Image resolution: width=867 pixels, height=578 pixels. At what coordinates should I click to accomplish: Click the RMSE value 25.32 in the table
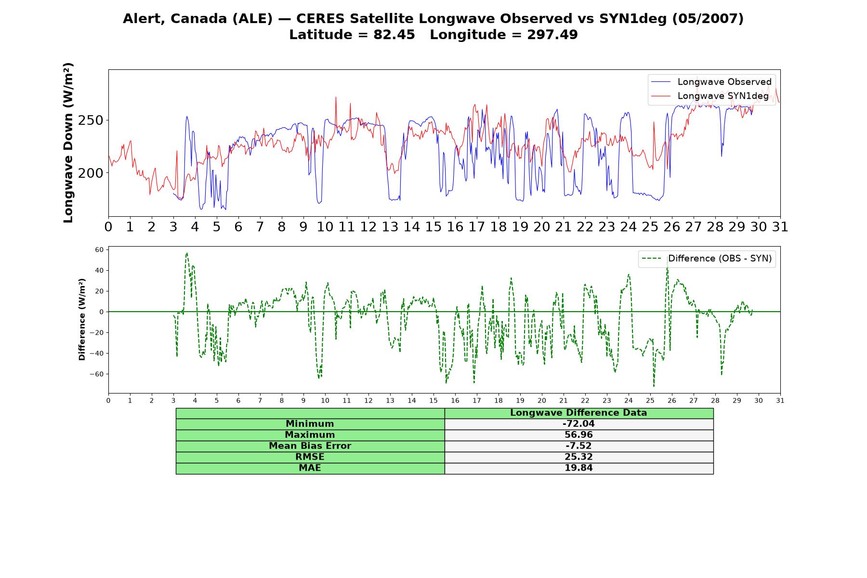pyautogui.click(x=578, y=457)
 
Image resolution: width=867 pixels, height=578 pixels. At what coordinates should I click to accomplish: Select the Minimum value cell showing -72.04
pyautogui.click(x=578, y=424)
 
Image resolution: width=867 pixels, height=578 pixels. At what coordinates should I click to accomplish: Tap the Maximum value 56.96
pyautogui.click(x=578, y=435)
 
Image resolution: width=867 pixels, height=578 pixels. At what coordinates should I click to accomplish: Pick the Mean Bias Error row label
pyautogui.click(x=310, y=446)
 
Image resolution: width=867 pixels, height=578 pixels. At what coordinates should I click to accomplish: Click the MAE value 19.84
pyautogui.click(x=578, y=468)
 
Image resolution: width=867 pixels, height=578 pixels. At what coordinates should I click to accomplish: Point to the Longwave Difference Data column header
pyautogui.click(x=578, y=413)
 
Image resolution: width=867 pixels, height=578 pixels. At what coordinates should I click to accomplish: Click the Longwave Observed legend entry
pyautogui.click(x=711, y=82)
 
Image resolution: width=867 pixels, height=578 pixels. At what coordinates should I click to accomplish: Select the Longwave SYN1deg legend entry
pyautogui.click(x=710, y=96)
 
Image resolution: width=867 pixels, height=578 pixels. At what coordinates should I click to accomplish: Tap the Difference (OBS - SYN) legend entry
pyautogui.click(x=707, y=259)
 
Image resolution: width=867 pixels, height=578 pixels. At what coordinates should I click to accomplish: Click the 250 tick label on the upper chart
pyautogui.click(x=91, y=120)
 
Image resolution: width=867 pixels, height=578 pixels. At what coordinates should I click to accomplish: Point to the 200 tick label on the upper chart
pyautogui.click(x=91, y=173)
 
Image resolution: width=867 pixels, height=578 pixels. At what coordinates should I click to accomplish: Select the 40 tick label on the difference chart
pyautogui.click(x=99, y=271)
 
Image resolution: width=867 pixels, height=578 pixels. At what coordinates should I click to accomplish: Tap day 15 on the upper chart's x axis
pyautogui.click(x=433, y=227)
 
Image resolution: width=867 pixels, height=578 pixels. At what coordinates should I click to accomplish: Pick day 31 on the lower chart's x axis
pyautogui.click(x=780, y=401)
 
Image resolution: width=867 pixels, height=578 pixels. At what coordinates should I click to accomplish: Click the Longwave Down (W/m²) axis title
pyautogui.click(x=68, y=143)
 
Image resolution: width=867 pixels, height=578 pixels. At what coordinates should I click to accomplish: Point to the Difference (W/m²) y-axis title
pyautogui.click(x=82, y=319)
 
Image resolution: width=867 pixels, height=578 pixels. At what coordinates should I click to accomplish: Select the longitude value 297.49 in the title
pyautogui.click(x=552, y=35)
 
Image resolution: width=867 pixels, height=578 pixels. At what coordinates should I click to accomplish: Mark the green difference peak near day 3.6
pyautogui.click(x=187, y=253)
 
